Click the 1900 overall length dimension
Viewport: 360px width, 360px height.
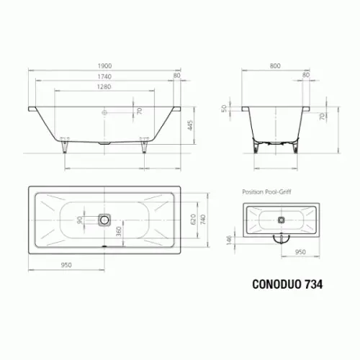(x=104, y=66)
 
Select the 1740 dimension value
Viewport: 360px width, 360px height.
(x=104, y=76)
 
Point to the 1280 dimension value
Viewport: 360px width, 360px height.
(x=104, y=86)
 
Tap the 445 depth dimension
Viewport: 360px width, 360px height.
(x=190, y=125)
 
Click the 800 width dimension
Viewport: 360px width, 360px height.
(x=275, y=66)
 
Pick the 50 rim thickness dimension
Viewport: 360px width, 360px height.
(x=224, y=109)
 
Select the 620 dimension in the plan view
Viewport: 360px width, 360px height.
(x=193, y=219)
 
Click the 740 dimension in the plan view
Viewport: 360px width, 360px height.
(x=203, y=219)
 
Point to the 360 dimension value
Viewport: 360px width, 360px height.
(x=119, y=231)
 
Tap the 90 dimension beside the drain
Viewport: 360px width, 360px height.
(x=80, y=220)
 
